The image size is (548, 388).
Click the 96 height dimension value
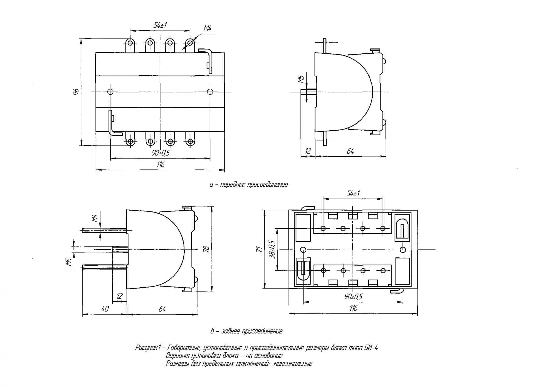point(77,92)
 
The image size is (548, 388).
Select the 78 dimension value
point(207,249)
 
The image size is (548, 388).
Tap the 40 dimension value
point(105,309)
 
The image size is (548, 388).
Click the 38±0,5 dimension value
point(272,249)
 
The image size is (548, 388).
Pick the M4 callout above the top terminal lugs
point(207,28)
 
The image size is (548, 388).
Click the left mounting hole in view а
point(110,91)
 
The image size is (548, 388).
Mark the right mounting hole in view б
point(403,250)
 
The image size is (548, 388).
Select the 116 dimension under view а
point(161,164)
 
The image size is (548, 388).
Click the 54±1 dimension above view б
point(353,194)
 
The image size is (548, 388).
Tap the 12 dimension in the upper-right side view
point(308,151)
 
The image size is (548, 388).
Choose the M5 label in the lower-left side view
point(69,262)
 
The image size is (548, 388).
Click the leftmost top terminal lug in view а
point(130,43)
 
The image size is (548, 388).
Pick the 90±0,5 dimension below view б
point(353,297)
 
